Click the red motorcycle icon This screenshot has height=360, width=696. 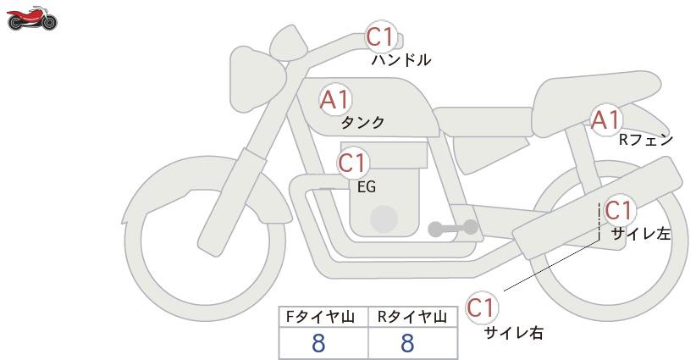tap(32, 19)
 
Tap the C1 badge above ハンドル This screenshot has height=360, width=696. tap(380, 36)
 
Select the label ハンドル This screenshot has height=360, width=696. tap(400, 60)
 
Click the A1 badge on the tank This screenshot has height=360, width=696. tap(334, 100)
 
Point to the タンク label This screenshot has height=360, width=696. tap(362, 122)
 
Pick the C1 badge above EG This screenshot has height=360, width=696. tap(353, 163)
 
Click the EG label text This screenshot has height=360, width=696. tap(367, 187)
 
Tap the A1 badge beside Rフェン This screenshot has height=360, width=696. tap(605, 119)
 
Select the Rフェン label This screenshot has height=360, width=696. tap(646, 141)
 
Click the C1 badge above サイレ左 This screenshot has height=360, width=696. tap(619, 210)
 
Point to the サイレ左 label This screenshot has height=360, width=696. tap(640, 234)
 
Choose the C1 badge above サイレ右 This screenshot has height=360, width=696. tap(481, 307)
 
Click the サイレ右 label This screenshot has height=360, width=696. tap(513, 333)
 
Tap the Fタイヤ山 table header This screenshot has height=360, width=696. tap(320, 317)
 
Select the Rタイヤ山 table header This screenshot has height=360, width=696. tap(412, 317)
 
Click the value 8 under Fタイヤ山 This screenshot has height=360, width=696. tap(318, 343)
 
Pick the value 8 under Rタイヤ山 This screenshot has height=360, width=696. tap(407, 343)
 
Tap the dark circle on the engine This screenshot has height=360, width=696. tap(384, 219)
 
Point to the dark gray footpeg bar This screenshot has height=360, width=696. tap(453, 228)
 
